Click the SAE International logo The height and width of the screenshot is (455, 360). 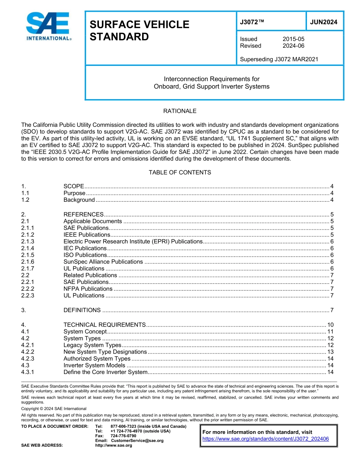click(x=48, y=26)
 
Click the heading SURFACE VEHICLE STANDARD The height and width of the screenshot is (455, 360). click(x=139, y=31)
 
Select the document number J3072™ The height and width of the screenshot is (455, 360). click(x=252, y=22)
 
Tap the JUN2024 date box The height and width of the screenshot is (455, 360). click(x=324, y=22)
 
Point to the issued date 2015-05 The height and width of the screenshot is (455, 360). click(x=293, y=39)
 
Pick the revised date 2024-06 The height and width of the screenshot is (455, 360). click(x=293, y=46)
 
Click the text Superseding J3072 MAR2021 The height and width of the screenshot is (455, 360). click(x=279, y=59)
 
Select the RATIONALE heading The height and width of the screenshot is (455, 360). click(x=180, y=111)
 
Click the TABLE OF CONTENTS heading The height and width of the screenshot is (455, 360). click(x=180, y=172)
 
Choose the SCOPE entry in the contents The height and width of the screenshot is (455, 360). click(x=74, y=186)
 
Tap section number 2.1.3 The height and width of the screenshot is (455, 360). click(x=28, y=242)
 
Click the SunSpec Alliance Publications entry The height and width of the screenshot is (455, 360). click(x=103, y=262)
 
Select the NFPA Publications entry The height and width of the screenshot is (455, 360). click(x=88, y=289)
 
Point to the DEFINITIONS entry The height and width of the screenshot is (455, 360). click(x=82, y=310)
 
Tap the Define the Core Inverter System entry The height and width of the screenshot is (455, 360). click(x=105, y=372)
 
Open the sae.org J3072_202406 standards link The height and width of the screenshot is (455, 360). click(x=266, y=439)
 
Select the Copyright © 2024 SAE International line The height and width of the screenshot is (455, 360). click(x=54, y=409)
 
